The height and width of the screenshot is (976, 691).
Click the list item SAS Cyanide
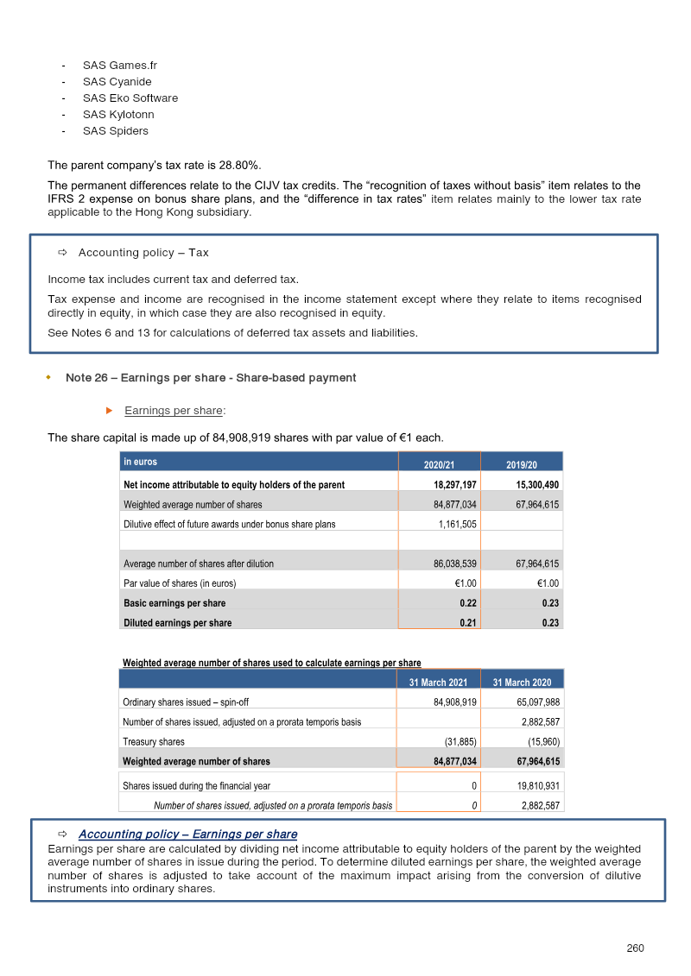click(117, 82)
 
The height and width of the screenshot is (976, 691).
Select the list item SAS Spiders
click(115, 131)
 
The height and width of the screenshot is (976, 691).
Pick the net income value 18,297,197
click(455, 485)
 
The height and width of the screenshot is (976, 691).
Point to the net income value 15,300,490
click(537, 485)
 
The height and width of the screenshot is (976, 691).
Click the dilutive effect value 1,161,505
click(457, 524)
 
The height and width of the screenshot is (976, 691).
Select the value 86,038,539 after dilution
click(455, 564)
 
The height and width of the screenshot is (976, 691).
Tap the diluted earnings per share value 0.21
click(468, 622)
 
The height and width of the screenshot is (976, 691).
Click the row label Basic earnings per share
click(174, 603)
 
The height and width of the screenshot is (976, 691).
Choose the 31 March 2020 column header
click(522, 683)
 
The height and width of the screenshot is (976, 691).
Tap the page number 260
click(635, 948)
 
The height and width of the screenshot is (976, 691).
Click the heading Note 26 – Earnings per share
click(211, 378)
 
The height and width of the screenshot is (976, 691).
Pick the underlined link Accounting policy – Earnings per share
click(187, 834)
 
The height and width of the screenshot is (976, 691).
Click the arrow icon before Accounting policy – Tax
click(62, 253)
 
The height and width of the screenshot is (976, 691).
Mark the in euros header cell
click(141, 463)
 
